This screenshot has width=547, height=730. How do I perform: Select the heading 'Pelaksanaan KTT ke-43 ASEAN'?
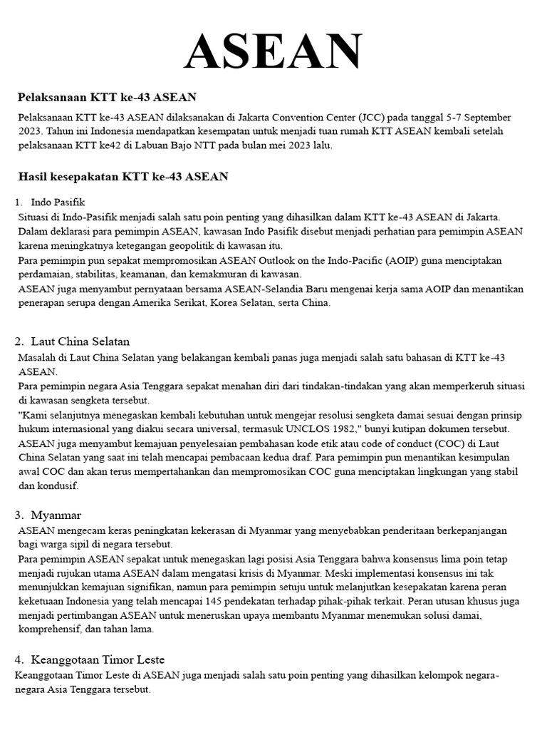(x=107, y=96)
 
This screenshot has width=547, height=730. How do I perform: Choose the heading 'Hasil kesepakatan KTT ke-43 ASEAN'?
(x=123, y=176)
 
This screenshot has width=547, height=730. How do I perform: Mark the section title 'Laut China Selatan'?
(x=80, y=341)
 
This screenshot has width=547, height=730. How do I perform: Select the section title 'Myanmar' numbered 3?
(x=56, y=515)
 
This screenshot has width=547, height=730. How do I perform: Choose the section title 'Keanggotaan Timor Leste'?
(x=98, y=659)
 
